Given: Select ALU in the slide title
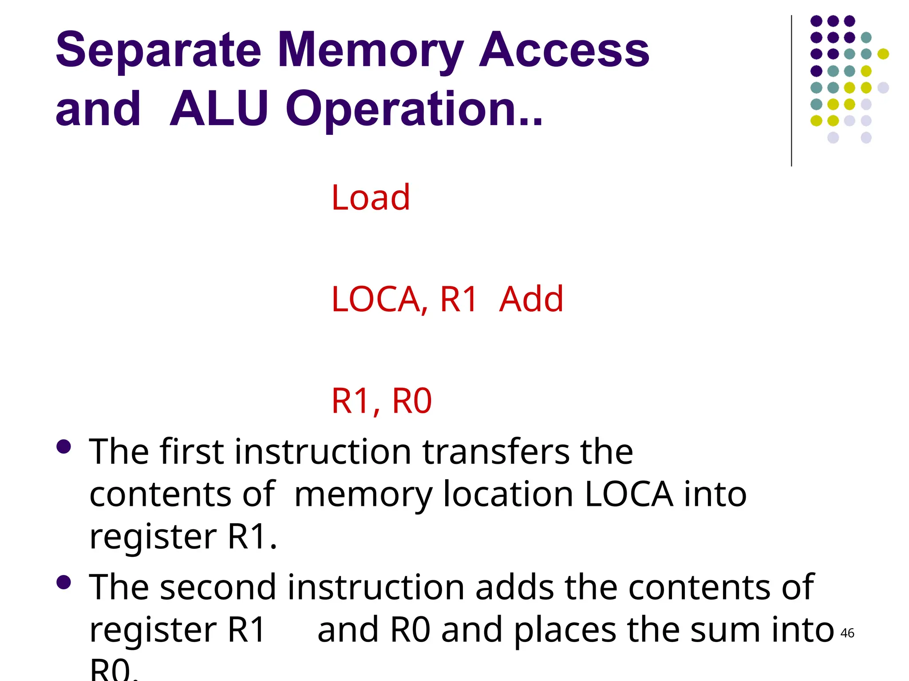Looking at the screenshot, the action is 219,109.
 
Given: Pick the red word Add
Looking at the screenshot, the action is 531,299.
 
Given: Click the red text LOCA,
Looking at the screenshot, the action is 379,299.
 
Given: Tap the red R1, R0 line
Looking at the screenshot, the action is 381,401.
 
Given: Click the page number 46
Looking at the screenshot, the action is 847,633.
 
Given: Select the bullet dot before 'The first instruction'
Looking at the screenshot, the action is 64,446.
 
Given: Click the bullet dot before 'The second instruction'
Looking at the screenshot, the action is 64,582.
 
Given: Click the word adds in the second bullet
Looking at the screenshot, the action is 514,587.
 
